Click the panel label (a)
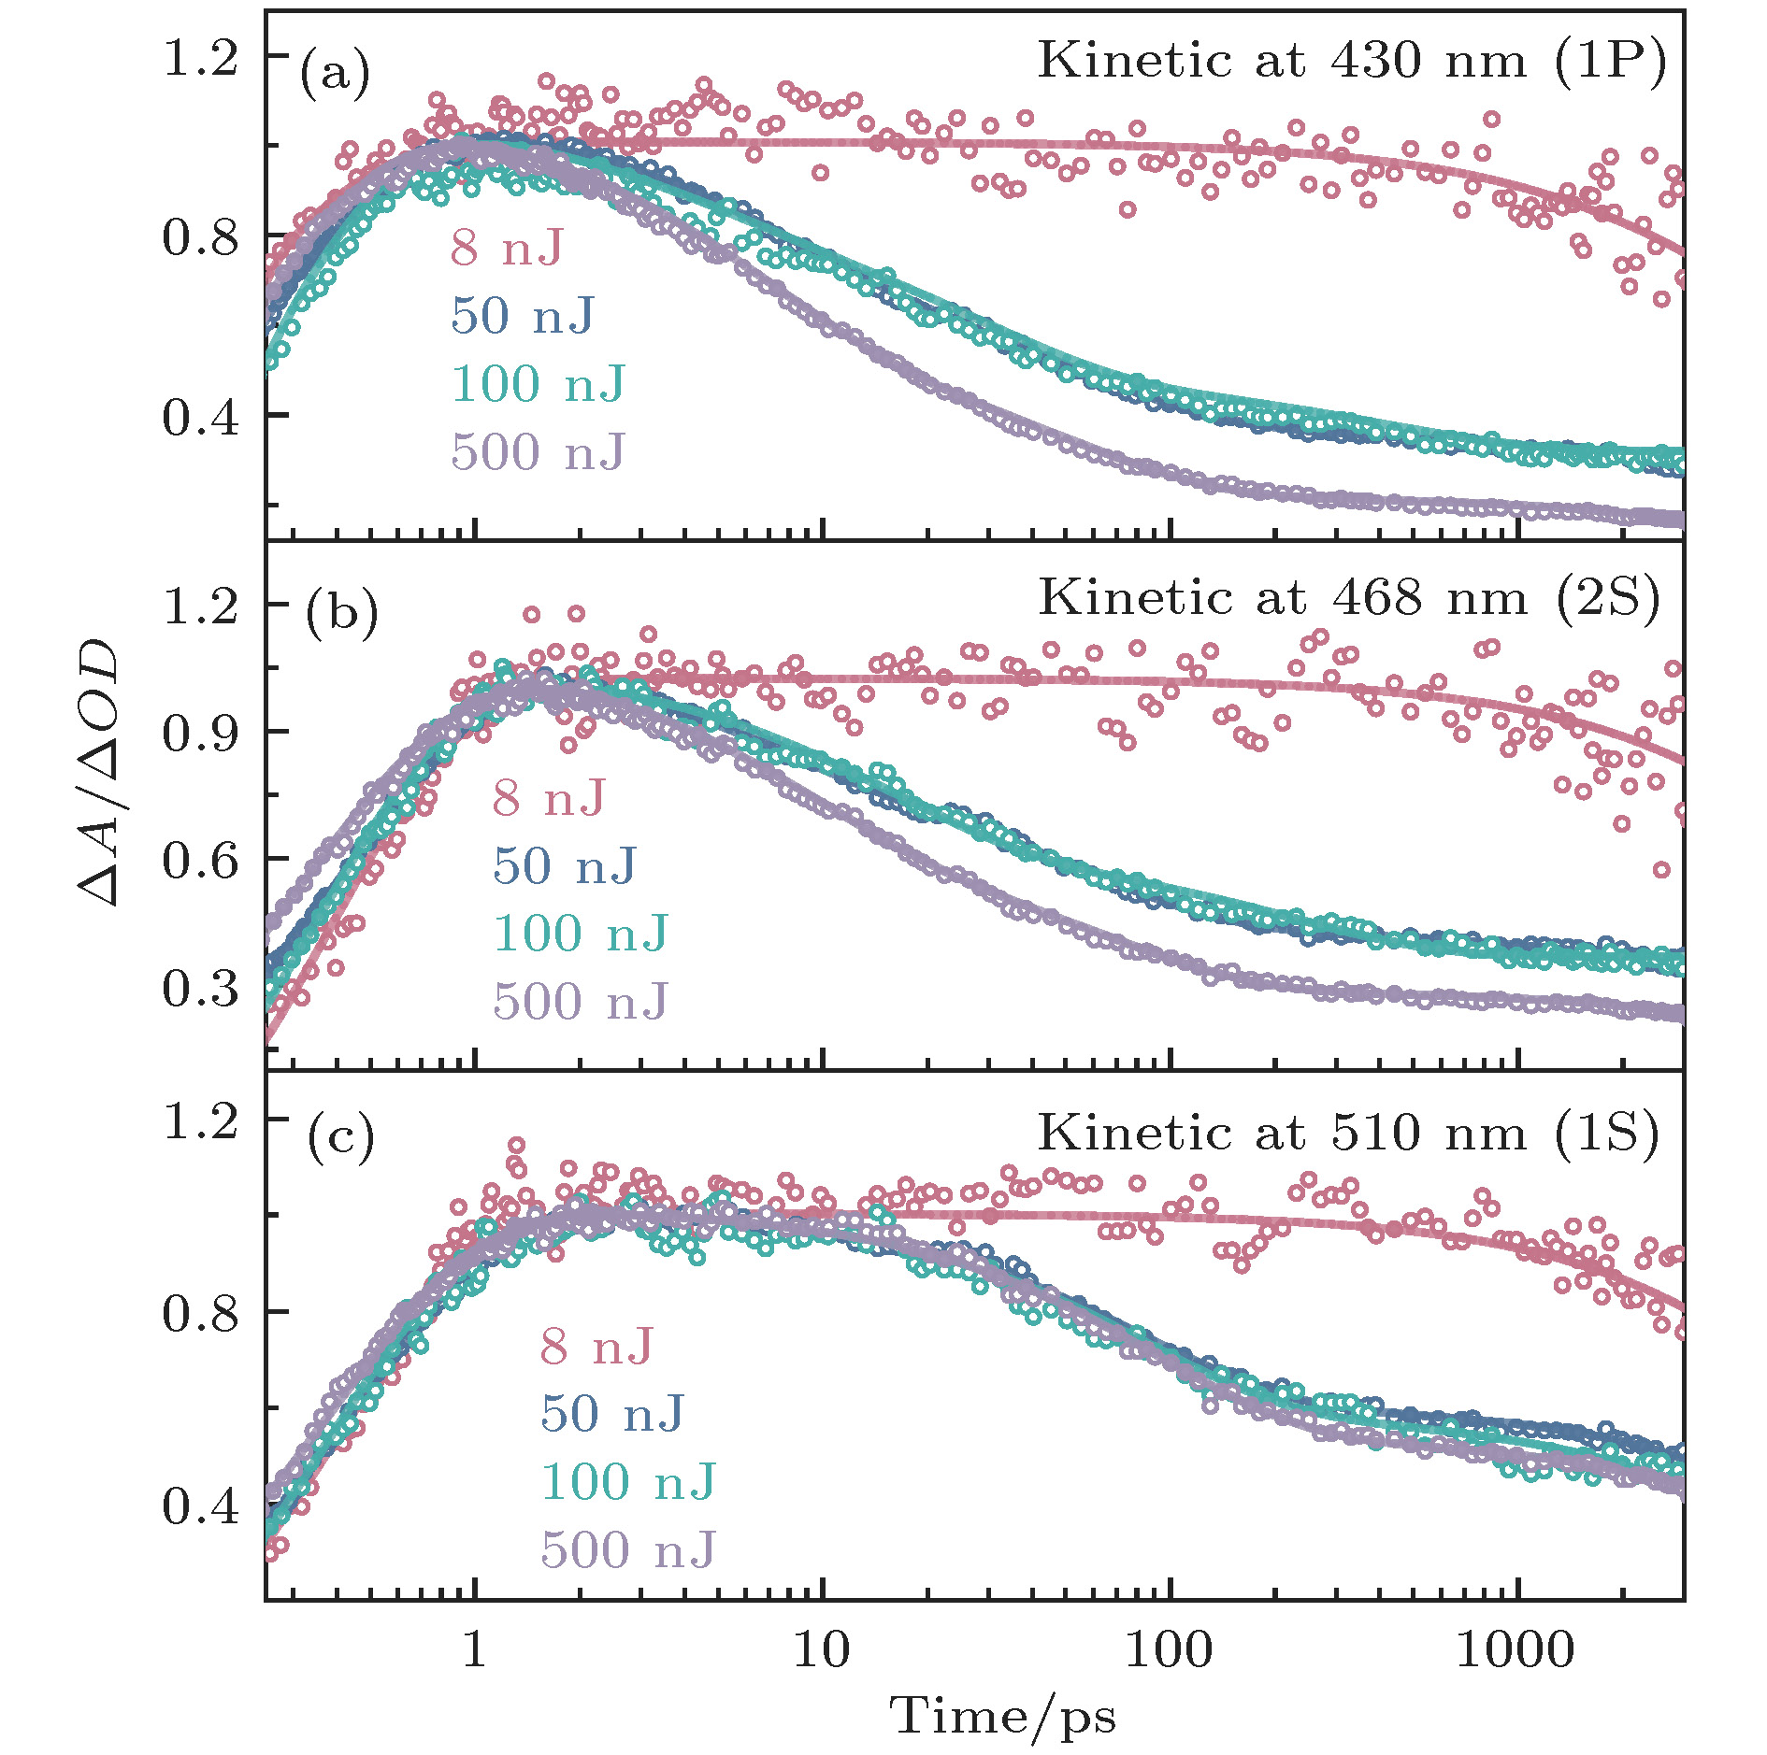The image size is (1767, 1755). [x=334, y=73]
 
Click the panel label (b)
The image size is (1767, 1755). [x=341, y=613]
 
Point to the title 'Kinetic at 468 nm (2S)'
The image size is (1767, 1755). [x=1349, y=598]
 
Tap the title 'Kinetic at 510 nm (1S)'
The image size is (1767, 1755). [x=1349, y=1134]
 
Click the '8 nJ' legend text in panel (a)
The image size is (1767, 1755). [x=508, y=248]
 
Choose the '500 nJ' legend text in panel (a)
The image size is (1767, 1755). [x=538, y=452]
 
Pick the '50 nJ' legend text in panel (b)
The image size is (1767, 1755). [x=565, y=865]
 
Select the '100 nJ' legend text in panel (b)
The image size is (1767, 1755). [x=581, y=934]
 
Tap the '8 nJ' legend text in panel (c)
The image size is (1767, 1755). [x=596, y=1347]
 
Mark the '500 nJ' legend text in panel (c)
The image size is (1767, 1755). [x=628, y=1550]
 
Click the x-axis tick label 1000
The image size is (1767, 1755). [x=1515, y=1650]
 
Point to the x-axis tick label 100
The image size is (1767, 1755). [x=1169, y=1650]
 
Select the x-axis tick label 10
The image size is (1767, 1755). [x=822, y=1650]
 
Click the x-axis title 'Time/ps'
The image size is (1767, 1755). [x=1003, y=1716]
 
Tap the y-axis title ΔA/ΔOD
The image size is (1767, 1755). [x=99, y=772]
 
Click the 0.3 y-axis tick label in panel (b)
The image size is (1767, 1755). [x=200, y=989]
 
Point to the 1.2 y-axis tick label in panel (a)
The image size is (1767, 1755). [x=200, y=58]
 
